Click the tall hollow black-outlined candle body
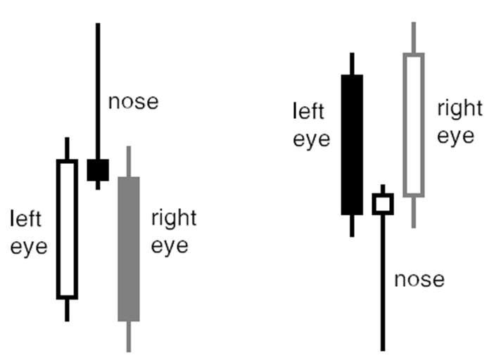(58, 229)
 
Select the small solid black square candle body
(98, 170)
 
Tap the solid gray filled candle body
(129, 249)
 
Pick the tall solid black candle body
(352, 145)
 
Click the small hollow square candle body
(374, 204)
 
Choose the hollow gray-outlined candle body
(405, 125)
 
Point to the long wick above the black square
(98, 91)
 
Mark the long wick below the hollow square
(383, 283)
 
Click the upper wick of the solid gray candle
(129, 162)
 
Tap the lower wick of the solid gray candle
(129, 337)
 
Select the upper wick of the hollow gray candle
(414, 37)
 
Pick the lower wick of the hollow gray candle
(414, 213)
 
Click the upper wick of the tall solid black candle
(352, 63)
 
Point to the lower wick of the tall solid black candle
(352, 226)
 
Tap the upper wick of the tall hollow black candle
(67, 148)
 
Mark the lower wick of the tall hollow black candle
(67, 311)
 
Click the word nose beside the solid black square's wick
(133, 102)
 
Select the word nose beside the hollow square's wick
(419, 279)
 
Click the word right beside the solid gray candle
(174, 219)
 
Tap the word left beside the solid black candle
(308, 111)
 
